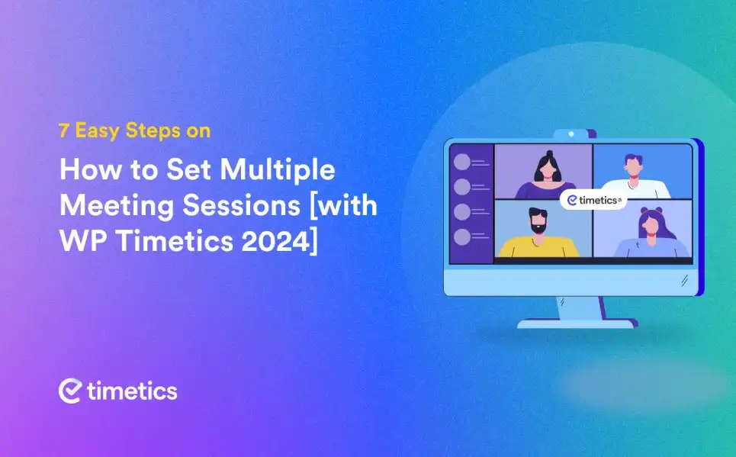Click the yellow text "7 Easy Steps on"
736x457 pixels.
point(135,130)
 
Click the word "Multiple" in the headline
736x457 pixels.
point(278,169)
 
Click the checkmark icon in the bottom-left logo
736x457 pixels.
point(70,391)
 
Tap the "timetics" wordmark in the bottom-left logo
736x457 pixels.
point(133,391)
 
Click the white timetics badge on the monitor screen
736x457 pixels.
point(593,200)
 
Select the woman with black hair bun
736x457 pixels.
point(546,175)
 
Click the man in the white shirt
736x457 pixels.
point(635,176)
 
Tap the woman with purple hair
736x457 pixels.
point(651,233)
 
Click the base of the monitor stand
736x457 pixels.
point(577,323)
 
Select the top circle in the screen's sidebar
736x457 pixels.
point(462,162)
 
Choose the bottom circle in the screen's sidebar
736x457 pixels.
point(462,237)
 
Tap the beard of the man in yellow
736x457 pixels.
point(538,229)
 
